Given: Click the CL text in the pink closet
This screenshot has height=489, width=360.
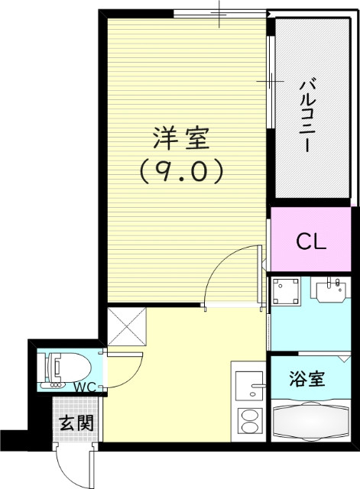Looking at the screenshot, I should coord(311,242).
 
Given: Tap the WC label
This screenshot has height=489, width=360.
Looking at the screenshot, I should coord(84,387).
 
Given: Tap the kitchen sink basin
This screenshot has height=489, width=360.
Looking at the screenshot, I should coord(248,386).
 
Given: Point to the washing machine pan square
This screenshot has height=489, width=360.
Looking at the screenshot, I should coord(288,293).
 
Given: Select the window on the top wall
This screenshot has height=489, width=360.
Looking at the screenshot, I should coord(219,13).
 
